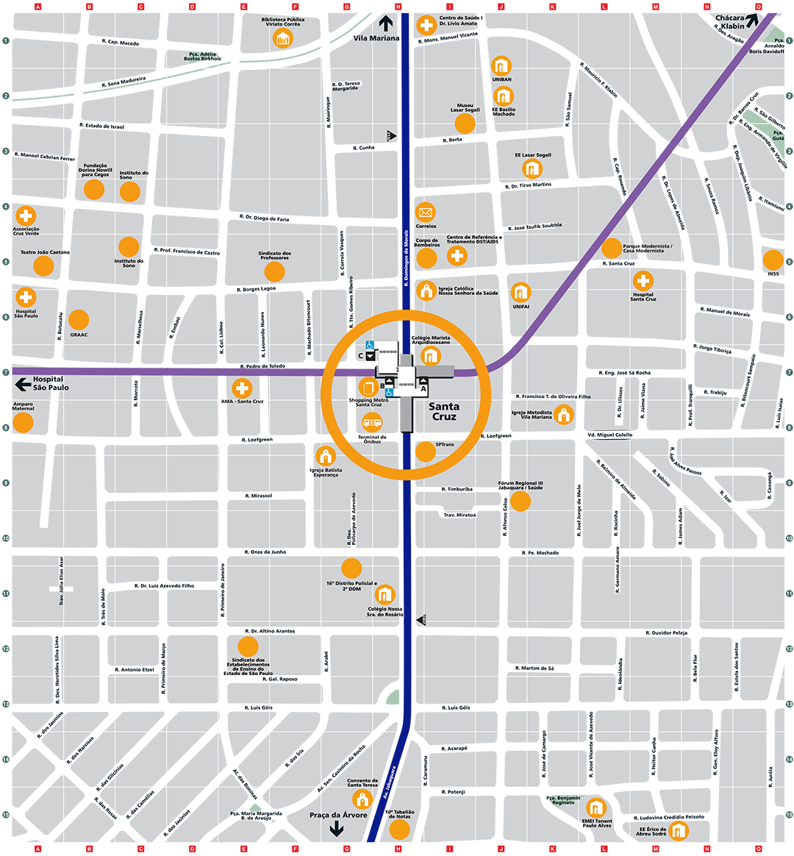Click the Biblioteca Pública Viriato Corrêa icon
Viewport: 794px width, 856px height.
click(x=283, y=38)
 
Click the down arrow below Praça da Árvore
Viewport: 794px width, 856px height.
click(x=336, y=829)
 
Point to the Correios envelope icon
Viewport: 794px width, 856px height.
click(x=426, y=213)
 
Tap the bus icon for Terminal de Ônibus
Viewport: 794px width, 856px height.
click(x=372, y=423)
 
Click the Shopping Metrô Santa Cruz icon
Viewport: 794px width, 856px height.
click(x=368, y=387)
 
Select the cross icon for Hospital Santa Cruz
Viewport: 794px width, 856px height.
click(x=643, y=281)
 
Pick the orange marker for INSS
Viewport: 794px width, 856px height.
click(x=773, y=260)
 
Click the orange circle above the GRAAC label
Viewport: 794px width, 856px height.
click(x=79, y=320)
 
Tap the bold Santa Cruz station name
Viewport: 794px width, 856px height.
click(x=444, y=411)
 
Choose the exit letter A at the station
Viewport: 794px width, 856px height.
click(x=423, y=389)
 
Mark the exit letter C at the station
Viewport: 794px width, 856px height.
click(x=360, y=356)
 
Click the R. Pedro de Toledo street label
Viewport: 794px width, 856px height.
click(x=262, y=366)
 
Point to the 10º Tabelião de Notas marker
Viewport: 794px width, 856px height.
click(x=399, y=830)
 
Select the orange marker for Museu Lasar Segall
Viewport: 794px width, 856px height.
click(x=465, y=123)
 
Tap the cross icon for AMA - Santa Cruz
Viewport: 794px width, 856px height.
click(x=242, y=388)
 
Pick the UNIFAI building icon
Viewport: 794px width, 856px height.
click(x=521, y=292)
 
